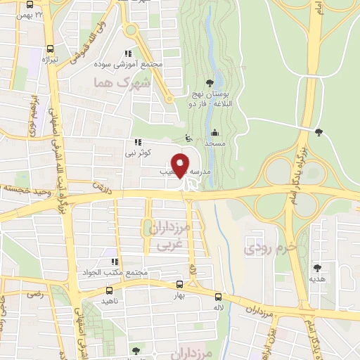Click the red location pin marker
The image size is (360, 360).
(x=181, y=166)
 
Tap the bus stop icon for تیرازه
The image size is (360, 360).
(x=49, y=49)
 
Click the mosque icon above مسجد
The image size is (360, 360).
(x=214, y=132)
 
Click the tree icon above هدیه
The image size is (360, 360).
(x=317, y=268)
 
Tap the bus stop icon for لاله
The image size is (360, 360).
(x=218, y=297)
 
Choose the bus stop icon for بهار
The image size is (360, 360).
(x=179, y=285)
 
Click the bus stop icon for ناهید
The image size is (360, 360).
(x=88, y=290)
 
